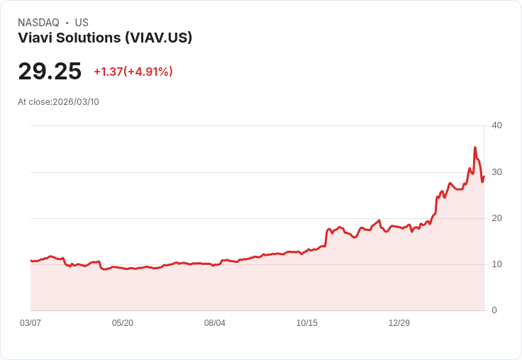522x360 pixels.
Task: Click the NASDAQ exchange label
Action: pyautogui.click(x=38, y=23)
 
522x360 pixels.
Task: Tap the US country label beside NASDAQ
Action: pyautogui.click(x=82, y=23)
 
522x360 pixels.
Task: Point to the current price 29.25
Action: pyautogui.click(x=50, y=72)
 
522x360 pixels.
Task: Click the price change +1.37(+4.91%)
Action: pyautogui.click(x=133, y=72)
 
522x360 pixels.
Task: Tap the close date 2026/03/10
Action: pyautogui.click(x=76, y=102)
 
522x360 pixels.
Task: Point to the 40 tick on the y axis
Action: pyautogui.click(x=496, y=125)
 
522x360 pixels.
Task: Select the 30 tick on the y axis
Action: pyautogui.click(x=496, y=172)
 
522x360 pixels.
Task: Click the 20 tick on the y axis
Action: pyautogui.click(x=496, y=218)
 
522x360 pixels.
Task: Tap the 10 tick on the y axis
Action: pyautogui.click(x=496, y=264)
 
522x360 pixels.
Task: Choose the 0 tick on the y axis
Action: pyautogui.click(x=494, y=310)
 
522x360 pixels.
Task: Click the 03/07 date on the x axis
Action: pyautogui.click(x=30, y=323)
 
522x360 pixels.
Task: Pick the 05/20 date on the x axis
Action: pyautogui.click(x=123, y=323)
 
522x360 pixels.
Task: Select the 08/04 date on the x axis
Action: pyautogui.click(x=215, y=323)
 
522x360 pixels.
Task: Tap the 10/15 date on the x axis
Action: pyautogui.click(x=307, y=323)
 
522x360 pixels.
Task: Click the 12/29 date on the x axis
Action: pyautogui.click(x=399, y=323)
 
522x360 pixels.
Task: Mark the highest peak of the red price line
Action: pyautogui.click(x=475, y=147)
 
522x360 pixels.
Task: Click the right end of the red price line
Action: pyautogui.click(x=484, y=176)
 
